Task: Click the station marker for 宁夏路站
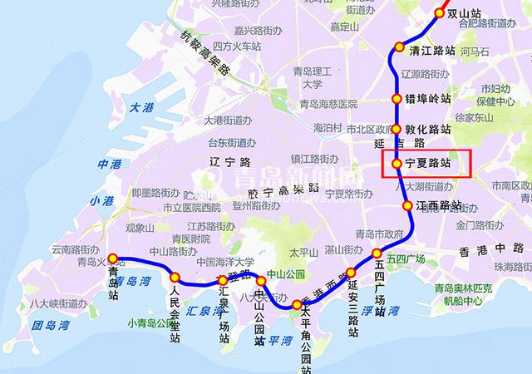(x=397, y=164)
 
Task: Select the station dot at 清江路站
(x=399, y=47)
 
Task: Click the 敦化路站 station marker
(x=397, y=130)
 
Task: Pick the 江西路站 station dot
(x=407, y=205)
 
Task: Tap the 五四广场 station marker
(x=377, y=253)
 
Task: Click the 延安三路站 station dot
(x=350, y=272)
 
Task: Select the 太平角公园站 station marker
(x=297, y=305)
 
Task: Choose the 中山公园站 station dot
(x=261, y=282)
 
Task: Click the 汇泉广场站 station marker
(x=222, y=282)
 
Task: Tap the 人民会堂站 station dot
(x=175, y=277)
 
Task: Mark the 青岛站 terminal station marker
(x=112, y=258)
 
